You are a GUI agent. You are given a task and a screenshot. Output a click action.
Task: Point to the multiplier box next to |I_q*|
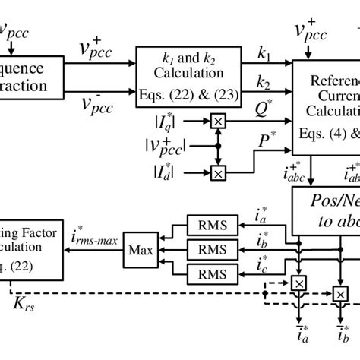click(x=218, y=121)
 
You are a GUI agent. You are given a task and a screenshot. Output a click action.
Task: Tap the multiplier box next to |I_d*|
click(x=218, y=173)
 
